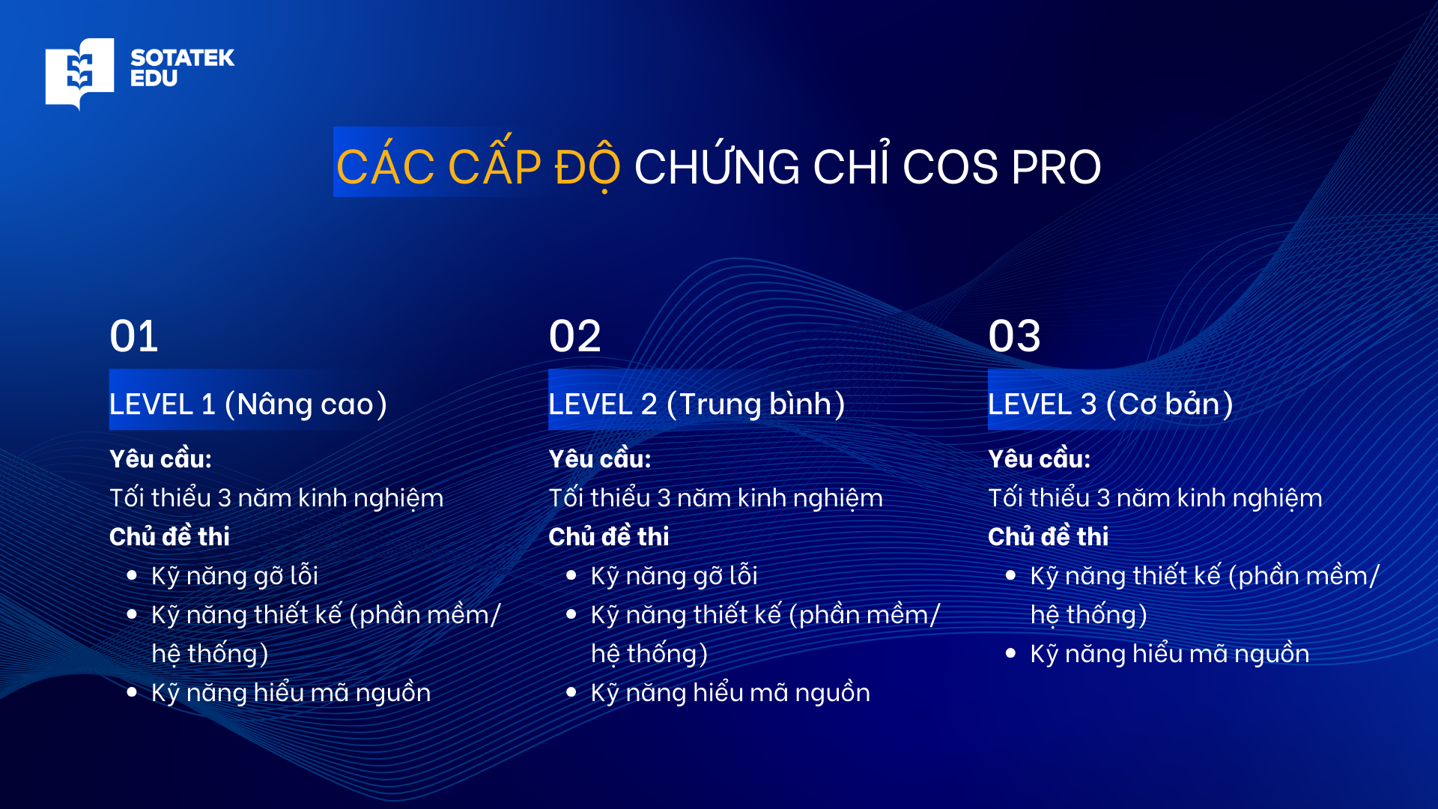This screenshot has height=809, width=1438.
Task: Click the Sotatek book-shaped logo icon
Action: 79,72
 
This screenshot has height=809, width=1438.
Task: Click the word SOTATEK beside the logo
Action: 182,58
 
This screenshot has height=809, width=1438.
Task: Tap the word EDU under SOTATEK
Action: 154,79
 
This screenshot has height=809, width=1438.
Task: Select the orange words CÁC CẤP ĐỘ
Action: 478,166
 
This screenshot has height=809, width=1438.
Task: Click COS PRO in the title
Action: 1001,166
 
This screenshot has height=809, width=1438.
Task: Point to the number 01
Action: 134,336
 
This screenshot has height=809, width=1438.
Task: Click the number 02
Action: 574,336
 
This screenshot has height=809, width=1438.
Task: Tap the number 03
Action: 1014,336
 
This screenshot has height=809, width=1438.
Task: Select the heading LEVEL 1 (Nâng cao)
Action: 248,404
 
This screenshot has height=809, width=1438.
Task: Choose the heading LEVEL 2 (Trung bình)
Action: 697,404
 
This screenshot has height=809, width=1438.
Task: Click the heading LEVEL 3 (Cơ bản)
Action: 1110,404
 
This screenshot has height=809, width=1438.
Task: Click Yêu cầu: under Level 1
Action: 160,459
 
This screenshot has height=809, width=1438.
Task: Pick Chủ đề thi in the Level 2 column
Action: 608,537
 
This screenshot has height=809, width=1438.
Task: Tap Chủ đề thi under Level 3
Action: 1048,537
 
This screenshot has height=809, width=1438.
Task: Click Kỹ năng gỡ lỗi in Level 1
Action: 234,576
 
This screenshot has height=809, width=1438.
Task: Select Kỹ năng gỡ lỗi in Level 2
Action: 674,576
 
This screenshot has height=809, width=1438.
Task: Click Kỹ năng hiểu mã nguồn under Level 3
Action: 1169,654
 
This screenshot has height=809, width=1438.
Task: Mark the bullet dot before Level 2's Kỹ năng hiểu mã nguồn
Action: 571,693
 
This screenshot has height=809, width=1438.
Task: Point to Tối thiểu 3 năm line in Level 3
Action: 1155,498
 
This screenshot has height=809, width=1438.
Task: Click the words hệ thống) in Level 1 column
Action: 210,654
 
